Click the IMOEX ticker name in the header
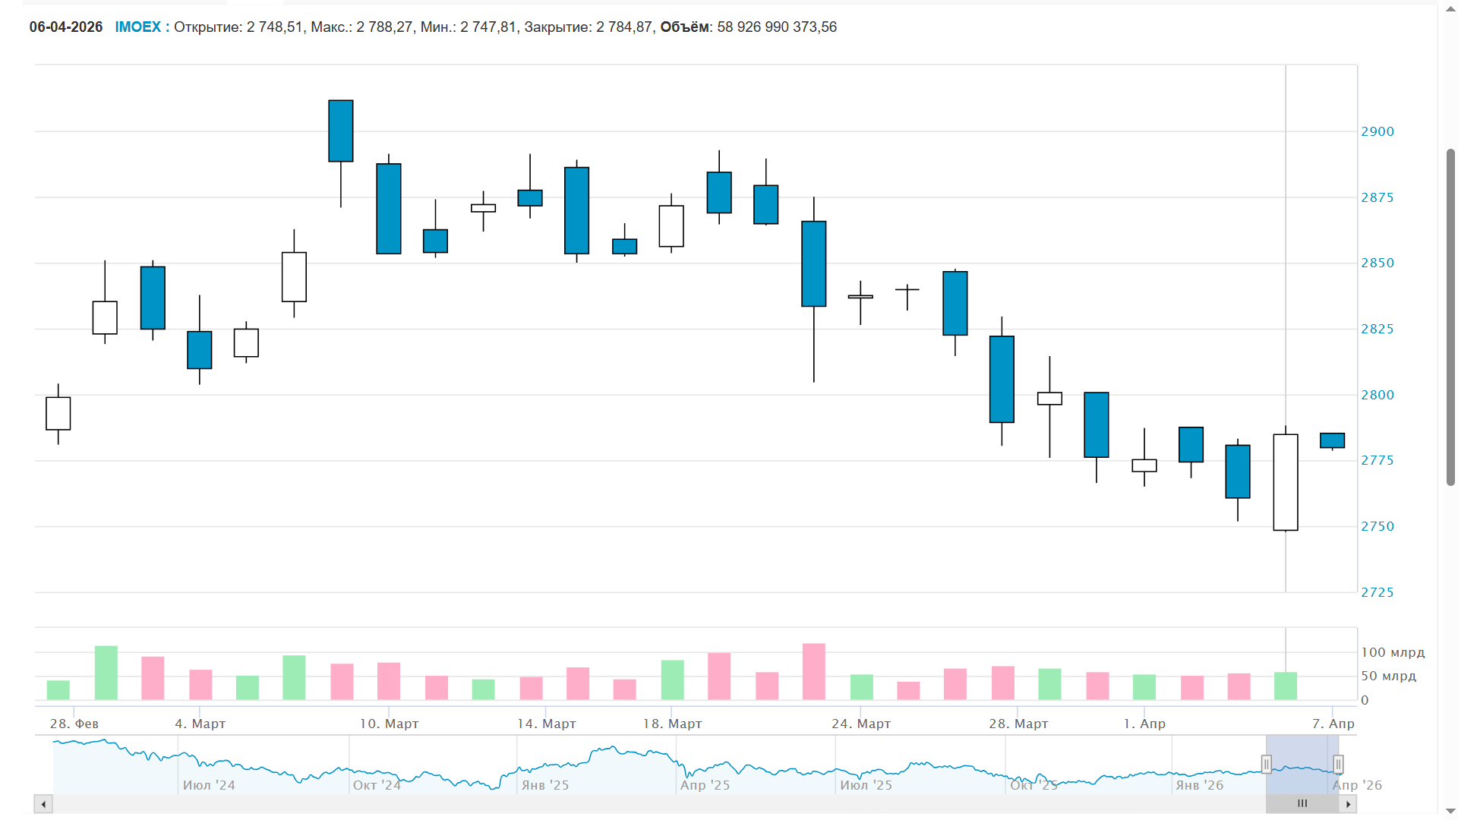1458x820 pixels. (137, 27)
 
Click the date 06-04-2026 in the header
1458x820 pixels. (66, 27)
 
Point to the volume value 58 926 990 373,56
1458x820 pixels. (776, 27)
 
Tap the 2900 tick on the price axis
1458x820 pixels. (1377, 132)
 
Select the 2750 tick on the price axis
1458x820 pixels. (1377, 527)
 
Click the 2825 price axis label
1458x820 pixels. (1377, 330)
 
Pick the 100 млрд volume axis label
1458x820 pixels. (1392, 653)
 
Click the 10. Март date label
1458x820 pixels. (389, 724)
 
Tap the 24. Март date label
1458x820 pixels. (860, 724)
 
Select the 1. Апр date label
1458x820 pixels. (1144, 724)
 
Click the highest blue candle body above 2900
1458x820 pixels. (341, 131)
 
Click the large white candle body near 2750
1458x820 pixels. (1285, 482)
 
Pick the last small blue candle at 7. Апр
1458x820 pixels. (1332, 440)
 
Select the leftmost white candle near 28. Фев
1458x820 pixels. (58, 414)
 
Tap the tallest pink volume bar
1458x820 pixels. (813, 672)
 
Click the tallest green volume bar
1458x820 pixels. (106, 673)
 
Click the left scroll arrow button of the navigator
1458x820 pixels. (43, 804)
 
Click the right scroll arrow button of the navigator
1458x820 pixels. (1348, 804)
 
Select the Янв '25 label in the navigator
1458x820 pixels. (544, 786)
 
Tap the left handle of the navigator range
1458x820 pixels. (1266, 764)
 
